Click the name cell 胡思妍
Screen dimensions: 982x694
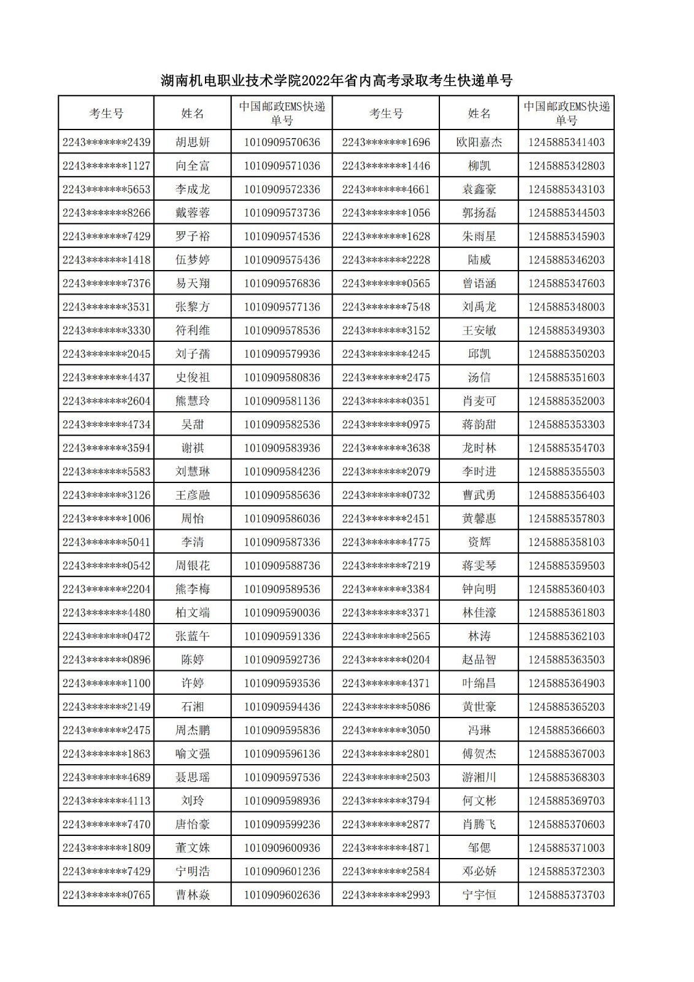point(192,142)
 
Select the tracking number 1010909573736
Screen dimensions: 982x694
point(282,213)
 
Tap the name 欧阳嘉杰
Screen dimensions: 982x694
point(479,142)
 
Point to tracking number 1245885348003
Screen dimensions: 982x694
point(566,307)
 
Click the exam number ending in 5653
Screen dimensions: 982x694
point(106,190)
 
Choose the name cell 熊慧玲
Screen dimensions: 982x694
point(192,401)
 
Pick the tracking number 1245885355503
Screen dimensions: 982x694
point(566,472)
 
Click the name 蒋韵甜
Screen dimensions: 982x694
point(479,425)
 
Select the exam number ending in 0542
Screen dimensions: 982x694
point(106,566)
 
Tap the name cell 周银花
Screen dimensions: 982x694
point(192,566)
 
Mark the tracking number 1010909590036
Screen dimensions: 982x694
point(282,613)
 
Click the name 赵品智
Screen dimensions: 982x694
point(479,660)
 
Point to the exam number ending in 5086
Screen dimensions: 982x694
point(386,707)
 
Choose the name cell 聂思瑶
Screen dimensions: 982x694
point(192,778)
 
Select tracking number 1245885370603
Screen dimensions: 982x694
point(566,824)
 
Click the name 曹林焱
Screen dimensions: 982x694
point(192,895)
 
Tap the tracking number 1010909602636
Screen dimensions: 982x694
point(282,895)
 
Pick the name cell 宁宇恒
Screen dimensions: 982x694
point(479,895)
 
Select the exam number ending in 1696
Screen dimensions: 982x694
point(386,142)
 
